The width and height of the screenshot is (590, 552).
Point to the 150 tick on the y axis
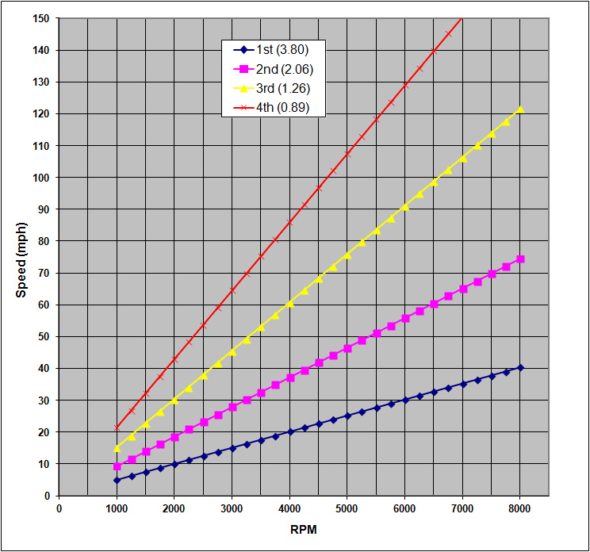(x=40, y=18)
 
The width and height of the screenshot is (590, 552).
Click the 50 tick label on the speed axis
(x=42, y=336)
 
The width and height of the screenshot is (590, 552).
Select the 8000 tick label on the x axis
(x=519, y=508)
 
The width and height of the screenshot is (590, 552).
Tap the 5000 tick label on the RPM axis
(x=347, y=508)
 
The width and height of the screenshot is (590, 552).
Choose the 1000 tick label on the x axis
(x=117, y=508)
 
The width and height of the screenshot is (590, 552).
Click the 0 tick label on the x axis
(x=59, y=508)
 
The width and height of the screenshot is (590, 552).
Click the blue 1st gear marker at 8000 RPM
(x=520, y=367)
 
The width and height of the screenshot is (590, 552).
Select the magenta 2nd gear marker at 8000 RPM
(x=520, y=259)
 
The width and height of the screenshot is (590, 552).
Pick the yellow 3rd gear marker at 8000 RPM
(x=520, y=109)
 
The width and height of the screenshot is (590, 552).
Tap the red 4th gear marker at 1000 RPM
(x=117, y=427)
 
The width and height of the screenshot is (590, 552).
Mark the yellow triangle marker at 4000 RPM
(x=289, y=303)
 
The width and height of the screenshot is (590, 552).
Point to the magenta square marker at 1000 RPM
(x=117, y=466)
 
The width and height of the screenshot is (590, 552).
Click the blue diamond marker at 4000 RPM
(x=289, y=431)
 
